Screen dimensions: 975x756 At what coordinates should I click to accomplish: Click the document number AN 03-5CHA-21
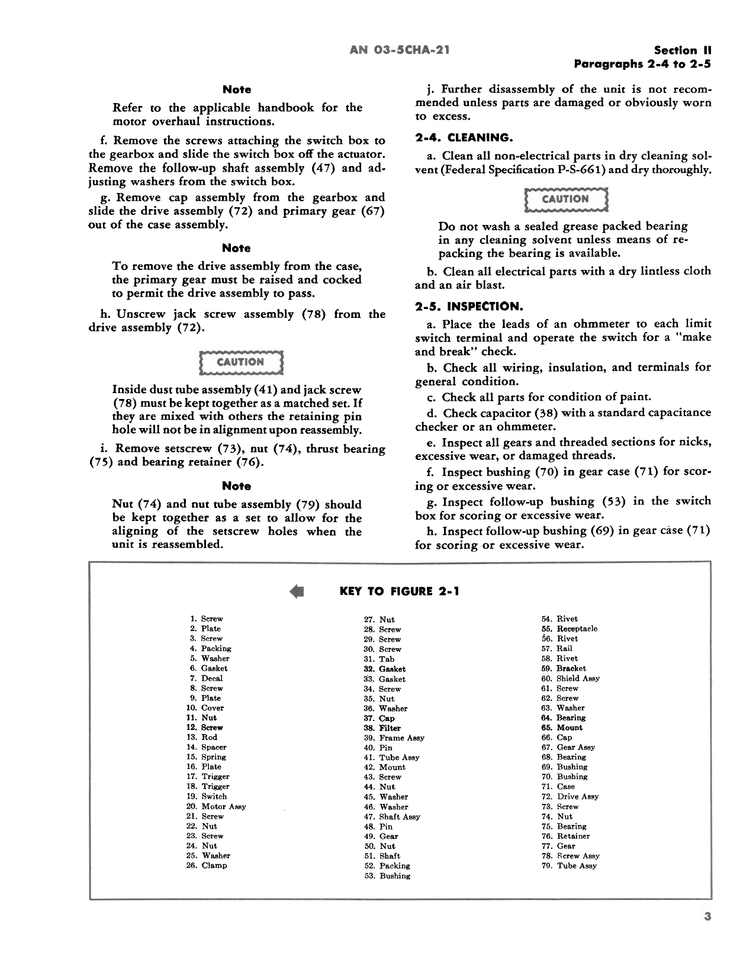(x=400, y=50)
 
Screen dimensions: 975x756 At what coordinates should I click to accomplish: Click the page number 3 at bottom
(x=707, y=917)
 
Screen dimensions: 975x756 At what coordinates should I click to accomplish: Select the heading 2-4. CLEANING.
(x=463, y=138)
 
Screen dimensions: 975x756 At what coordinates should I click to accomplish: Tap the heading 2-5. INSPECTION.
(x=469, y=307)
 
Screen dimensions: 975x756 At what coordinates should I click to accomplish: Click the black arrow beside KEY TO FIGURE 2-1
(x=297, y=591)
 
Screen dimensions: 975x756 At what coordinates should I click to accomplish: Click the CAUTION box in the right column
(x=565, y=199)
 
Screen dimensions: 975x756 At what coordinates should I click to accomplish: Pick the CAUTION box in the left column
(x=240, y=362)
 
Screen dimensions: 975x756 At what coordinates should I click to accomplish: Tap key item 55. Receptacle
(x=570, y=629)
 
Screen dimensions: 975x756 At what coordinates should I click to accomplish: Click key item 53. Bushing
(x=387, y=876)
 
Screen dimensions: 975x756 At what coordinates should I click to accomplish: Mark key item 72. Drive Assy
(x=570, y=796)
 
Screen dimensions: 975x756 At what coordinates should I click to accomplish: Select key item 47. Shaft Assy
(x=392, y=816)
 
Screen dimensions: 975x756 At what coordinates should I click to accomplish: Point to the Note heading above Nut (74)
(x=237, y=486)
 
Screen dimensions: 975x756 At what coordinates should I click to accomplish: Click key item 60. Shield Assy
(x=570, y=678)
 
